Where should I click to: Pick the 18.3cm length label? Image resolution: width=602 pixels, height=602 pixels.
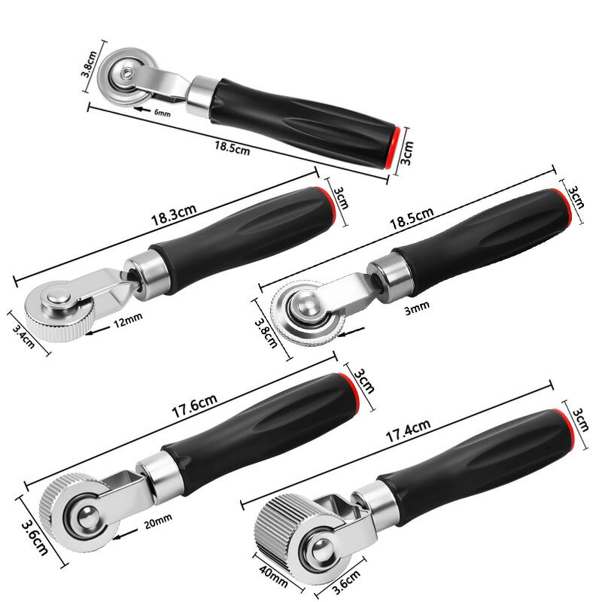169,222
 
